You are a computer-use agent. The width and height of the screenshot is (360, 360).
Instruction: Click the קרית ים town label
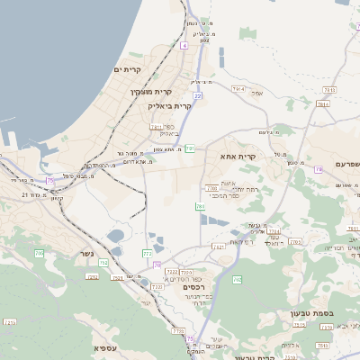(x=129, y=69)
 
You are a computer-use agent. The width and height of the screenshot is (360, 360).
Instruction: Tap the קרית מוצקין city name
(x=150, y=92)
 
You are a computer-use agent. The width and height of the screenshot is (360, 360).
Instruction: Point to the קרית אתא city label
(x=238, y=157)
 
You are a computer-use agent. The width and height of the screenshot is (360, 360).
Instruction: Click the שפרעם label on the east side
(x=341, y=164)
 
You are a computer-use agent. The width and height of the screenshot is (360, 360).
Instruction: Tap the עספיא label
(x=106, y=347)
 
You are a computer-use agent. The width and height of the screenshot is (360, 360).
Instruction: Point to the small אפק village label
(x=256, y=93)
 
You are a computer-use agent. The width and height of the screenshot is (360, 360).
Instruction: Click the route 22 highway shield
(x=197, y=95)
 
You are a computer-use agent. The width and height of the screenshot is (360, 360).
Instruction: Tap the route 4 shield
(x=184, y=45)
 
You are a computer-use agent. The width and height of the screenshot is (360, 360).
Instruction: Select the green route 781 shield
(x=190, y=148)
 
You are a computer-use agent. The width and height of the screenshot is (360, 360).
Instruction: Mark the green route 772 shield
(x=147, y=254)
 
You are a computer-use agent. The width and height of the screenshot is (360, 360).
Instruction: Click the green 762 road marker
(x=238, y=280)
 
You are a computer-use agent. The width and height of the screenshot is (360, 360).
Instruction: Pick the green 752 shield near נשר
(x=103, y=263)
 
